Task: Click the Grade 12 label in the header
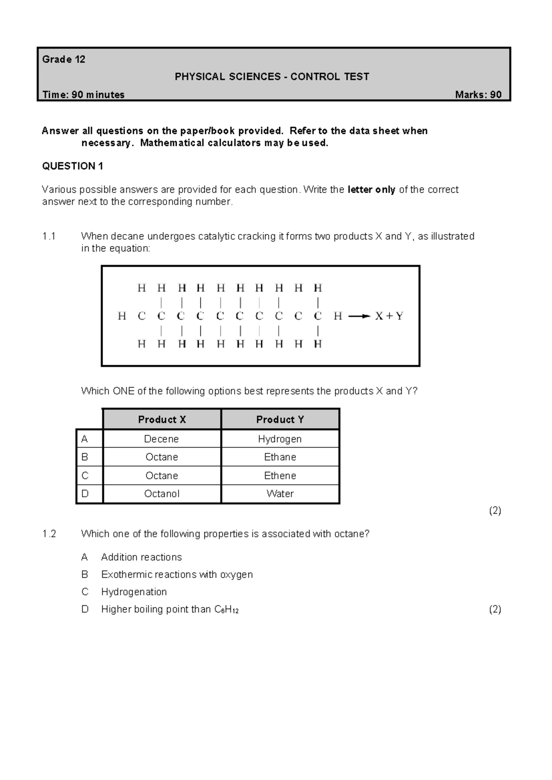63,59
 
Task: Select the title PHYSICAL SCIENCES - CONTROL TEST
272,77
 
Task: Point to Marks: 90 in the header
478,95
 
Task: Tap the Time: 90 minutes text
83,95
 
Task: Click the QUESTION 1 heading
73,166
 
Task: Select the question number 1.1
49,236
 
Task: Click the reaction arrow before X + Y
359,316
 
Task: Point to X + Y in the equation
389,316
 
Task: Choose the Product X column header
162,419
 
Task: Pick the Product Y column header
280,419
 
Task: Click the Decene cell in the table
161,439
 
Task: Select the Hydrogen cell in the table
280,439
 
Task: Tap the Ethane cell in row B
280,457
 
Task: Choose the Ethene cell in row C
280,476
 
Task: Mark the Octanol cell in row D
161,494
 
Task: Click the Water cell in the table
280,494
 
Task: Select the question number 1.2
49,534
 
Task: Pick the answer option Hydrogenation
134,592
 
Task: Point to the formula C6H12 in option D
226,610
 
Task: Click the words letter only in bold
371,190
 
